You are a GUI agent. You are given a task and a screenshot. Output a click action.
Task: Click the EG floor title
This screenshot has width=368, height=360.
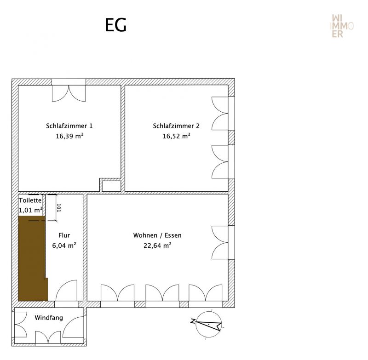(x=115, y=25)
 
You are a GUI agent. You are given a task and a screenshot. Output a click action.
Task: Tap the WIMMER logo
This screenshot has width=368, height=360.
(x=342, y=26)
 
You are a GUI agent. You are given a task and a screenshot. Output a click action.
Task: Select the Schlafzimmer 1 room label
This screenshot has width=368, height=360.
(x=69, y=126)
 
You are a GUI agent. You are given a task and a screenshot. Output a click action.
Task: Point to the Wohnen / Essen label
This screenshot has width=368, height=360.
(x=157, y=235)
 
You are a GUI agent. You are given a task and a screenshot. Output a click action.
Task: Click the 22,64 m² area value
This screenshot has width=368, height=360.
(x=157, y=246)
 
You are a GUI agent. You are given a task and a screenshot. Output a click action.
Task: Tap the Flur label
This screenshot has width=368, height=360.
(x=64, y=235)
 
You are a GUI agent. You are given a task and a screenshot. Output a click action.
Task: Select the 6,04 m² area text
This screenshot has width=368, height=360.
(x=64, y=246)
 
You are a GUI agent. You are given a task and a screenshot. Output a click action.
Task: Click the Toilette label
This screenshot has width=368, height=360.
(x=30, y=200)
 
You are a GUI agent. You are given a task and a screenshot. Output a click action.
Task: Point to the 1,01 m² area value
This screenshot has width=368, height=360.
(x=30, y=210)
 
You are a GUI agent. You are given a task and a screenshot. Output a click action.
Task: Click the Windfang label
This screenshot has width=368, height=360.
(x=49, y=318)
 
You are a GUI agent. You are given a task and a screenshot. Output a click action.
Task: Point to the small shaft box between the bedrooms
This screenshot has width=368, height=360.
(x=111, y=186)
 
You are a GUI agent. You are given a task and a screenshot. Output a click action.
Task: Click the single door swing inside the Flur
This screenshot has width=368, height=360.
(x=66, y=291)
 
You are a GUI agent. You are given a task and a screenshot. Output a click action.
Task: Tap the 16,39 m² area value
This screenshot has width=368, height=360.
(x=69, y=136)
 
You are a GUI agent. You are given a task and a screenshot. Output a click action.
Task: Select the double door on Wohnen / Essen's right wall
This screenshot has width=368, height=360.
(x=220, y=242)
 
